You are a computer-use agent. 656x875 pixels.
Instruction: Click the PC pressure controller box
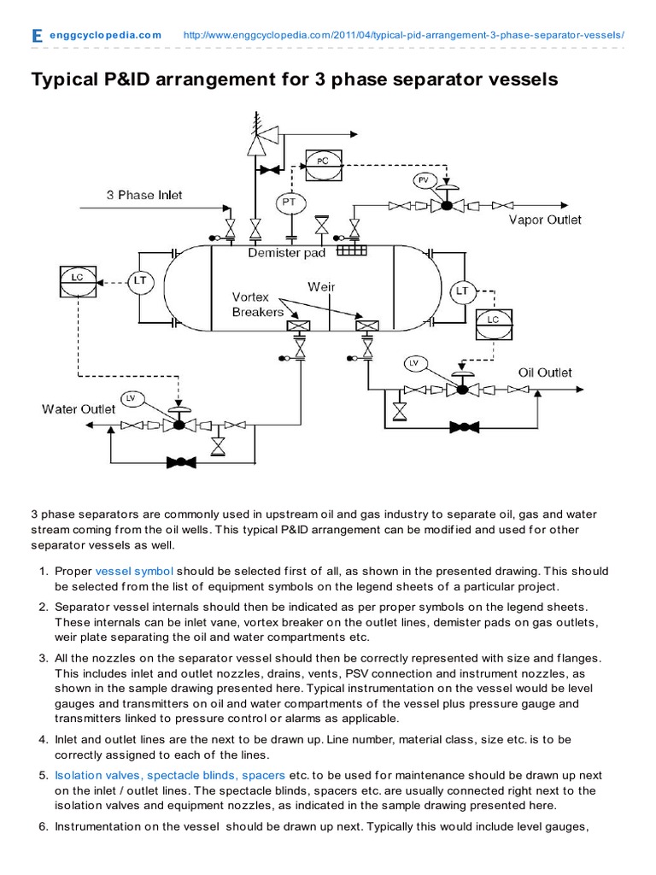click(321, 161)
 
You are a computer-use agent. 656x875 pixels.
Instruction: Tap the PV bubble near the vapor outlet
click(424, 179)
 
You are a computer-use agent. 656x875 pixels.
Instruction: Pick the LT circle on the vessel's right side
click(462, 291)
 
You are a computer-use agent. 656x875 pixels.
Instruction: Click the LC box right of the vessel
click(491, 320)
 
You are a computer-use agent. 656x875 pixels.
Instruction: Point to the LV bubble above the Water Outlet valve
click(131, 398)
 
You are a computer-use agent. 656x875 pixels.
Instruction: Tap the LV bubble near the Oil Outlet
click(414, 363)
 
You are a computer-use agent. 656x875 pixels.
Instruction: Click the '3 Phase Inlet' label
click(143, 195)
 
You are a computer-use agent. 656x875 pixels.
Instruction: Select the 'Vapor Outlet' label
click(545, 220)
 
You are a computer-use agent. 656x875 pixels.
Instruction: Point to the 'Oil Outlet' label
click(545, 373)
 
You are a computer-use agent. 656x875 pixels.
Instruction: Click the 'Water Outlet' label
click(79, 409)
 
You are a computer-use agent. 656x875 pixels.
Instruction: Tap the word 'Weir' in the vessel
click(321, 287)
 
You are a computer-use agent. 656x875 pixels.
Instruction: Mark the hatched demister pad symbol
click(351, 249)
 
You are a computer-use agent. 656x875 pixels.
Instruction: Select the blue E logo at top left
click(36, 36)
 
